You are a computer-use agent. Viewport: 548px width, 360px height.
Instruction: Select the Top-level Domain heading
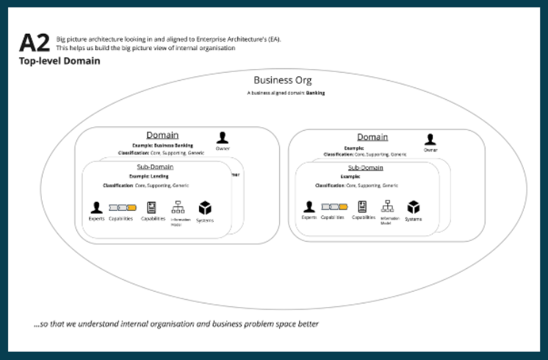pyautogui.click(x=60, y=62)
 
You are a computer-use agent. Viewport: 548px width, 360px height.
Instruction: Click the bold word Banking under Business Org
pyautogui.click(x=316, y=93)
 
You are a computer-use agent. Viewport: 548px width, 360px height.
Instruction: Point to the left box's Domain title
pyautogui.click(x=162, y=135)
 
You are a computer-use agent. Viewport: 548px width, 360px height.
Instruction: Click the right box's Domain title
pyautogui.click(x=372, y=137)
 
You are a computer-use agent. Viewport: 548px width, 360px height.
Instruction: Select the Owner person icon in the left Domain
pyautogui.click(x=223, y=137)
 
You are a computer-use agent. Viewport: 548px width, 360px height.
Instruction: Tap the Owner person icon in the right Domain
pyautogui.click(x=430, y=139)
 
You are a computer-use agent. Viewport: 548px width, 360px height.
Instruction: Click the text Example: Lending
pyautogui.click(x=149, y=176)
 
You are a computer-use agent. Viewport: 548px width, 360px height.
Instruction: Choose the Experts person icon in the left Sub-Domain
pyautogui.click(x=96, y=208)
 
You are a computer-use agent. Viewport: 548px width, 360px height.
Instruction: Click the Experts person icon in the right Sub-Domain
pyautogui.click(x=309, y=207)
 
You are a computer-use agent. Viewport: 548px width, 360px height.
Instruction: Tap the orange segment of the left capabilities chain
pyautogui.click(x=131, y=207)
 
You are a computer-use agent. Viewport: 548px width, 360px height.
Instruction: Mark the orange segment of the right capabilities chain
pyautogui.click(x=344, y=207)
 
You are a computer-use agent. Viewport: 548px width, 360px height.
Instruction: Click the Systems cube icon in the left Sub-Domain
pyautogui.click(x=205, y=208)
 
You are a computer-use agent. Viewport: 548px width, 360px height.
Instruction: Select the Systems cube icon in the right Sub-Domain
pyautogui.click(x=414, y=207)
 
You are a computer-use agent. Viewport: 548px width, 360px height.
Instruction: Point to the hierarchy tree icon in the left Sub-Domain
pyautogui.click(x=178, y=207)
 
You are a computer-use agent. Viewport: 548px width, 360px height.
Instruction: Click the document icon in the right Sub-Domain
pyautogui.click(x=362, y=206)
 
